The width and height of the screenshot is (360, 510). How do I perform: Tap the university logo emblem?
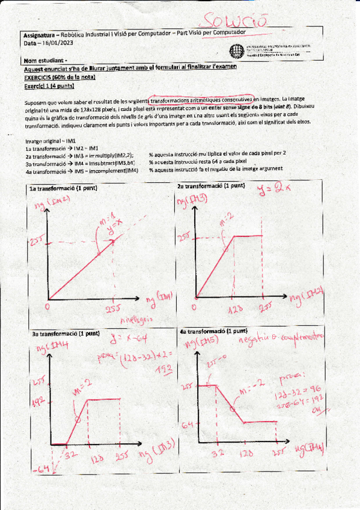point(235,51)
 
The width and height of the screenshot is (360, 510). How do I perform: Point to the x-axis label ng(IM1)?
point(159,296)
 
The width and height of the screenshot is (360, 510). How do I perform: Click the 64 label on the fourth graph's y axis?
point(188,425)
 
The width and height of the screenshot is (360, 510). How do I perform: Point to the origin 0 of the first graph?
point(47,307)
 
